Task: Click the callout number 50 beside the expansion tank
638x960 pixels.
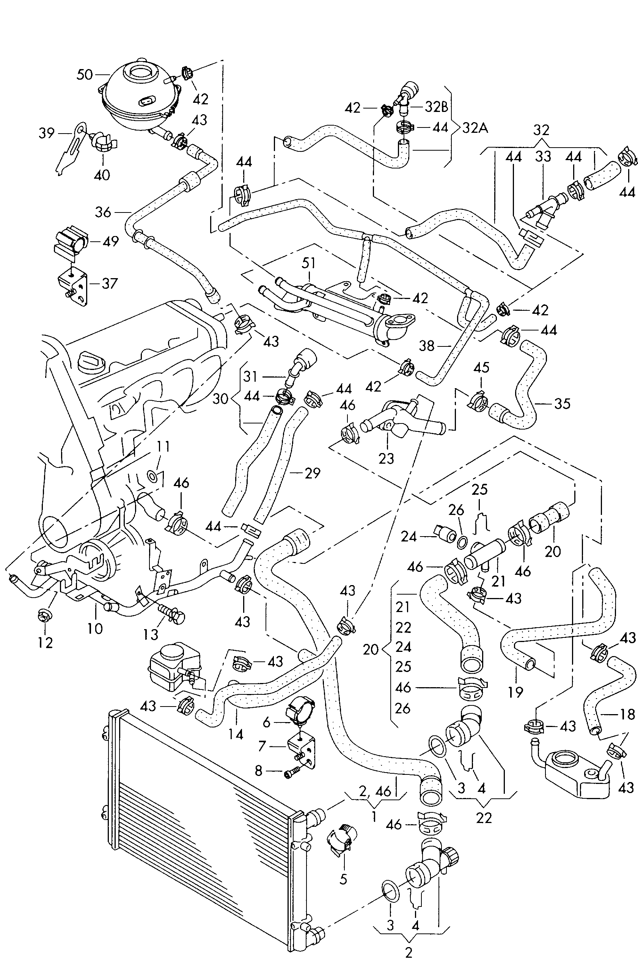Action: click(85, 75)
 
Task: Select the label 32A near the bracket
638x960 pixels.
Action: click(475, 128)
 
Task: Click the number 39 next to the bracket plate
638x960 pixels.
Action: click(46, 133)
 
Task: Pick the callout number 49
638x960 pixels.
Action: click(111, 241)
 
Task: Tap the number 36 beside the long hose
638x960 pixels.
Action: click(102, 212)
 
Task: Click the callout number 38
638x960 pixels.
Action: click(427, 346)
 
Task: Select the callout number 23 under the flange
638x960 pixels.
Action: click(386, 459)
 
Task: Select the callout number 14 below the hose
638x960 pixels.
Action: click(236, 734)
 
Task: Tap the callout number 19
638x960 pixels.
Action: click(515, 692)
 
